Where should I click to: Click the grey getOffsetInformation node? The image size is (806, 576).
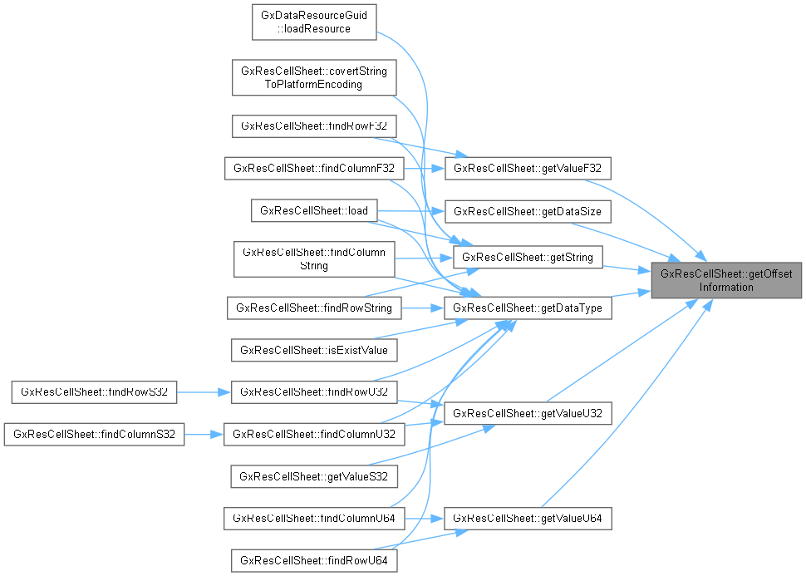point(726,281)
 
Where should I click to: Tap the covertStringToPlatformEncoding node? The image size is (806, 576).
point(313,78)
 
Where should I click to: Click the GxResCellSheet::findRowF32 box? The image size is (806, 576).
point(313,126)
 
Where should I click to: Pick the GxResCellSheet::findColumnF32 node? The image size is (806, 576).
point(313,169)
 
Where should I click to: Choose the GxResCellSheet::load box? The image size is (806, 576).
point(313,211)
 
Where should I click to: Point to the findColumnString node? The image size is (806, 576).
point(313,259)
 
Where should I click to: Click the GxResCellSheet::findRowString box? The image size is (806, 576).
point(313,308)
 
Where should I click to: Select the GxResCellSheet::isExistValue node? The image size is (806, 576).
point(313,350)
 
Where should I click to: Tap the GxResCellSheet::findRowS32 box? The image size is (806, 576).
point(94,391)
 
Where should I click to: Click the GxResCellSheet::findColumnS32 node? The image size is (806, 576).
point(94,434)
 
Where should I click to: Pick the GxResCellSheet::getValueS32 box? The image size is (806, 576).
point(313,476)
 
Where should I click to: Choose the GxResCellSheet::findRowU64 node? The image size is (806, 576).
point(313,561)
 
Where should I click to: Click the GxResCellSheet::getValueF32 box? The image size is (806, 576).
point(528,169)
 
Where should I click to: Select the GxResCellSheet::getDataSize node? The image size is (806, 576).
point(528,211)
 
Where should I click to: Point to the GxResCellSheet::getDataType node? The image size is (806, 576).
point(528,308)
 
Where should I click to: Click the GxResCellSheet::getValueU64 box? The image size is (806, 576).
point(528,519)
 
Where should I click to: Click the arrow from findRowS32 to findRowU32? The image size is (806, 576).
point(204,391)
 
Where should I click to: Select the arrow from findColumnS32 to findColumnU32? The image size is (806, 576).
point(204,434)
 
